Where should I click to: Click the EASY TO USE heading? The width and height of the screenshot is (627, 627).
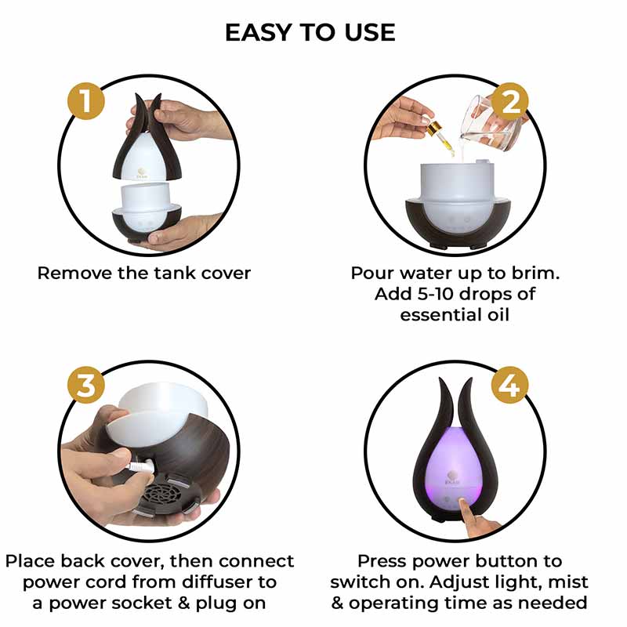pyautogui.click(x=310, y=32)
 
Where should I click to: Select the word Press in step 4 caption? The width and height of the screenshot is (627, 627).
pyautogui.click(x=382, y=562)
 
